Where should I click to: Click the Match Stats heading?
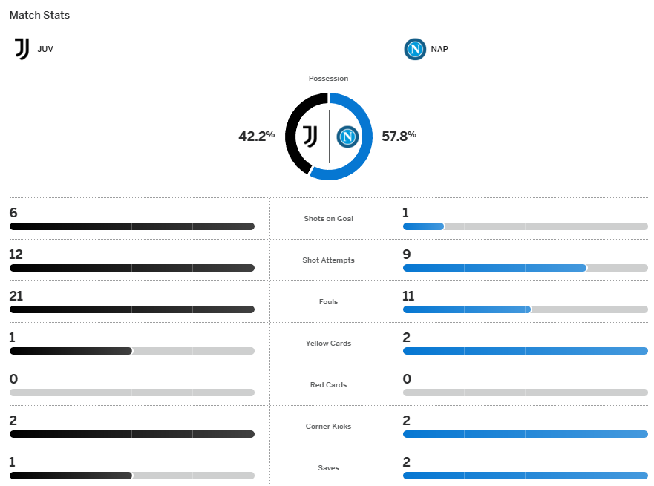[x=39, y=15]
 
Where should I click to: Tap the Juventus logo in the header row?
[x=22, y=50]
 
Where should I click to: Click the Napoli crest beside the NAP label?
[x=414, y=50]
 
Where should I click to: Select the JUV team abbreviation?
[x=45, y=50]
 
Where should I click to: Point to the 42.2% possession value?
[x=256, y=136]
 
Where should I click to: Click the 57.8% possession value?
[x=399, y=136]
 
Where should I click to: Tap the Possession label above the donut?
[x=328, y=79]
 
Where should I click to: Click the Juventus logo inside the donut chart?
[x=310, y=137]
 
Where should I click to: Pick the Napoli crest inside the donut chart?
[x=347, y=137]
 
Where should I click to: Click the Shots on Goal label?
[x=328, y=219]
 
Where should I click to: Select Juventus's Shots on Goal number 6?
[x=13, y=213]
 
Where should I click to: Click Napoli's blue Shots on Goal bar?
[x=423, y=226]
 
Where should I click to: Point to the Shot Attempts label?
[x=328, y=260]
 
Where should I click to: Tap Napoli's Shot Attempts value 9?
[x=406, y=255]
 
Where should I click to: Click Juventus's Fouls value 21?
[x=16, y=296]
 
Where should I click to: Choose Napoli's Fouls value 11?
[x=408, y=296]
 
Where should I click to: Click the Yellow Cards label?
[x=328, y=344]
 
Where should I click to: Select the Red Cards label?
[x=328, y=385]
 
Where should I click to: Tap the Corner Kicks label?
[x=328, y=427]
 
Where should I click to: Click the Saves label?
[x=328, y=468]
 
